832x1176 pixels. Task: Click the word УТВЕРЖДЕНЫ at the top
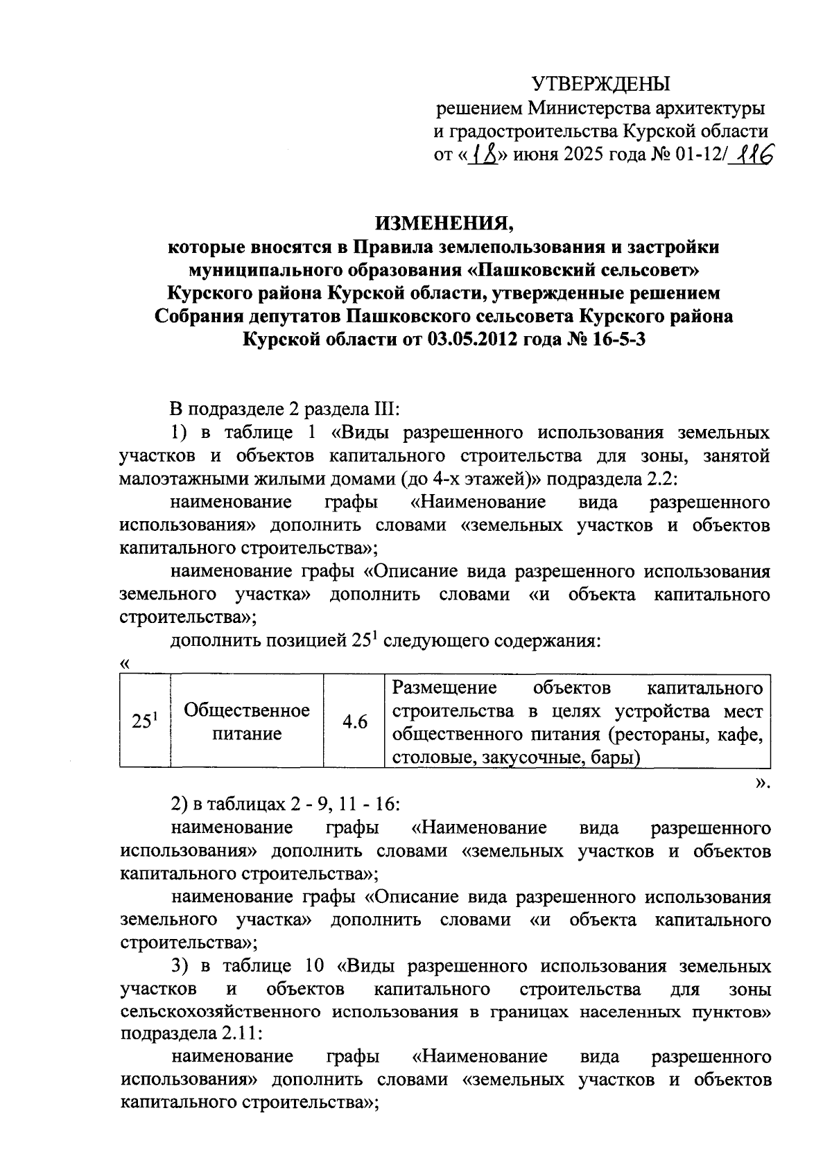[601, 85]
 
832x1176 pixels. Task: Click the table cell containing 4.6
[354, 721]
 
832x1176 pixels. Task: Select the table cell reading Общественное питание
[246, 721]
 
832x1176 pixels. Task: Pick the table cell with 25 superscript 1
[144, 721]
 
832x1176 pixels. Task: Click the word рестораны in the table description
[656, 735]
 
